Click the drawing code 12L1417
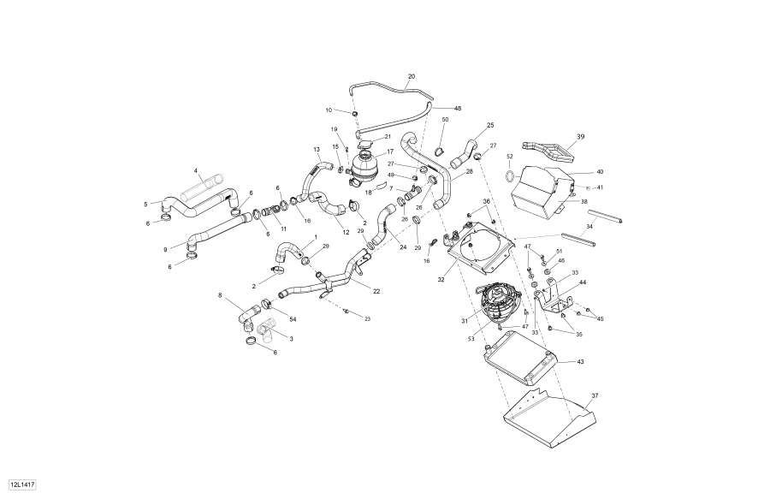pyautogui.click(x=22, y=484)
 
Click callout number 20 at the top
pyautogui.click(x=412, y=77)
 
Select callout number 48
pyautogui.click(x=458, y=109)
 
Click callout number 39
pyautogui.click(x=580, y=137)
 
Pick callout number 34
pyautogui.click(x=589, y=227)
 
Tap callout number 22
pyautogui.click(x=376, y=291)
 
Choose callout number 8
pyautogui.click(x=220, y=295)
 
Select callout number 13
pyautogui.click(x=316, y=150)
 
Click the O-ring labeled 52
pyautogui.click(x=509, y=177)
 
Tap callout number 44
pyautogui.click(x=583, y=282)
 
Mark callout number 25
pyautogui.click(x=491, y=126)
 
